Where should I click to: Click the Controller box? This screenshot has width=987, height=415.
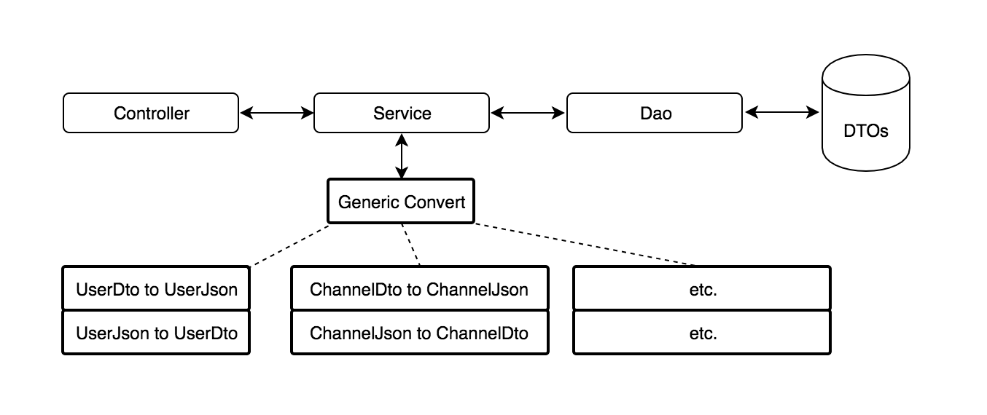pyautogui.click(x=151, y=113)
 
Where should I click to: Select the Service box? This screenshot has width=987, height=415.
pyautogui.click(x=401, y=113)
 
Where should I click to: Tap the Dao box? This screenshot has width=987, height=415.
pyautogui.click(x=655, y=113)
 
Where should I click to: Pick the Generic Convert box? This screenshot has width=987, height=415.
pyautogui.click(x=401, y=201)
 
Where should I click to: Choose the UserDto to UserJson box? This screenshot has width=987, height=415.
pyautogui.click(x=156, y=289)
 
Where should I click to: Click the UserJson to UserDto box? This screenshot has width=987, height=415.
pyautogui.click(x=156, y=333)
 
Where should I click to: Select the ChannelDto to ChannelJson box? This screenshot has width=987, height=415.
pyautogui.click(x=419, y=289)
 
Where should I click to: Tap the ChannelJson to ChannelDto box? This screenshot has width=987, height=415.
pyautogui.click(x=419, y=333)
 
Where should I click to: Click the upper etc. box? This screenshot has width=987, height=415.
pyautogui.click(x=702, y=289)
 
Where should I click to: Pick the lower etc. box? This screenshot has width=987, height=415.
pyautogui.click(x=702, y=333)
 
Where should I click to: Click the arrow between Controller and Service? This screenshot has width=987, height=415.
pyautogui.click(x=276, y=113)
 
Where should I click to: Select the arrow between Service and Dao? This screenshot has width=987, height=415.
pyautogui.click(x=528, y=113)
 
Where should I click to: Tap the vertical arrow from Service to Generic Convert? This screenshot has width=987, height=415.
pyautogui.click(x=401, y=156)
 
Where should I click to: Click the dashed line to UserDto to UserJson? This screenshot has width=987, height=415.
pyautogui.click(x=290, y=245)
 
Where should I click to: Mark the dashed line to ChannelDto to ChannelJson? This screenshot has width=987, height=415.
pyautogui.click(x=411, y=245)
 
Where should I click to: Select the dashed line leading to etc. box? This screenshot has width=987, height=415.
pyautogui.click(x=583, y=245)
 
